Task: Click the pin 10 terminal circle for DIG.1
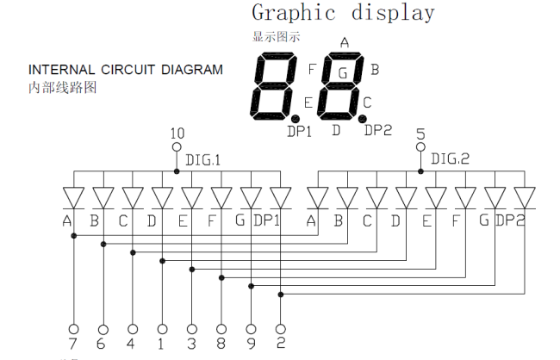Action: coord(177,146)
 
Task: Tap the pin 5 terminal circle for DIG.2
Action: coord(420,146)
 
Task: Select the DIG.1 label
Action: coord(202,160)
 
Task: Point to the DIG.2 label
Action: coord(450,159)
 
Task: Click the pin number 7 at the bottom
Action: coord(73,344)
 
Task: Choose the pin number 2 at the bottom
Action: coord(281,343)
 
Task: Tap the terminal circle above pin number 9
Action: coord(251,329)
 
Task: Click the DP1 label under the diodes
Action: coord(266,220)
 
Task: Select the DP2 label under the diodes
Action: coord(511,220)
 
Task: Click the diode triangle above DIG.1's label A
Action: coord(73,198)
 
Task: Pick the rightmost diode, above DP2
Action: coord(525,198)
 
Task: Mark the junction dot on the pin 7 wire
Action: coord(74,236)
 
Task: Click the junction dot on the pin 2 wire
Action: coord(281,295)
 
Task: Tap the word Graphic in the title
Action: coord(294,13)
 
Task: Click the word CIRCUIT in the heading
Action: coord(128,70)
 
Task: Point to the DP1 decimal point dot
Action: coord(296,119)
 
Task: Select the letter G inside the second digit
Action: coord(343,73)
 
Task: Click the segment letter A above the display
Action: coord(345,43)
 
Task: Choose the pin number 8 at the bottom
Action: coord(221,344)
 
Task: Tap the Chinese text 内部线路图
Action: coord(63,88)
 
